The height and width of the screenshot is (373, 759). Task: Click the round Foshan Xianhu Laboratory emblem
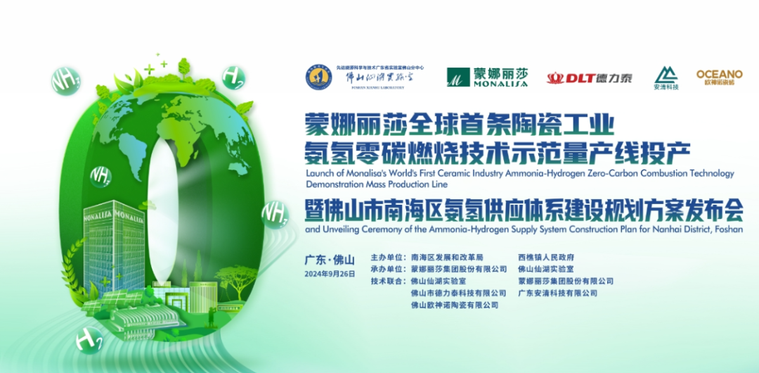318,77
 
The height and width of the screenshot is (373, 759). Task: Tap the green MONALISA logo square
458,77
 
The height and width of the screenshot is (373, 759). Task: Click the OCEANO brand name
719,74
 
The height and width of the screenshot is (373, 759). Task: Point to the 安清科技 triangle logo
666,75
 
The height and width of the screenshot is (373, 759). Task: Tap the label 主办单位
387,258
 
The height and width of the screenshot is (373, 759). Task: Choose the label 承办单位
387,269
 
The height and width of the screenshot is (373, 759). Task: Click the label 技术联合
387,281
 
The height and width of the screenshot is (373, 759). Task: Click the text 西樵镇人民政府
546,258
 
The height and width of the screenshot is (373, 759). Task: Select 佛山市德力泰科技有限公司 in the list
458,293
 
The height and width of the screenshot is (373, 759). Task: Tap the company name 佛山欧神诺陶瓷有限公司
455,305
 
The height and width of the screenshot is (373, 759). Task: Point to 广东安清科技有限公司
557,293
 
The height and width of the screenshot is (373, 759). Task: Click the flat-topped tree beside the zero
235,274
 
